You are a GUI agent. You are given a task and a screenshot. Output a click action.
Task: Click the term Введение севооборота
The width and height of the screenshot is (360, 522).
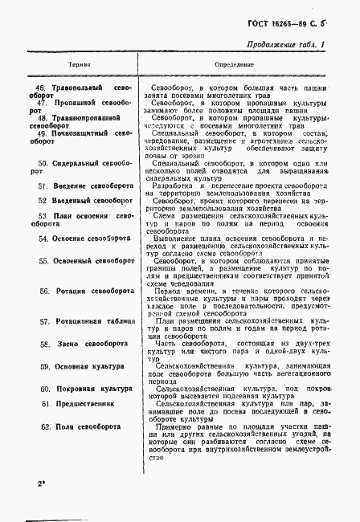click(88, 186)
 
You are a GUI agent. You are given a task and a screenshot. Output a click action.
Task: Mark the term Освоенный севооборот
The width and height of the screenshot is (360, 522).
click(89, 261)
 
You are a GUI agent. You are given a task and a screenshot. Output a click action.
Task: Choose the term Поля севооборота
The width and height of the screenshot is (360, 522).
click(82, 427)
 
